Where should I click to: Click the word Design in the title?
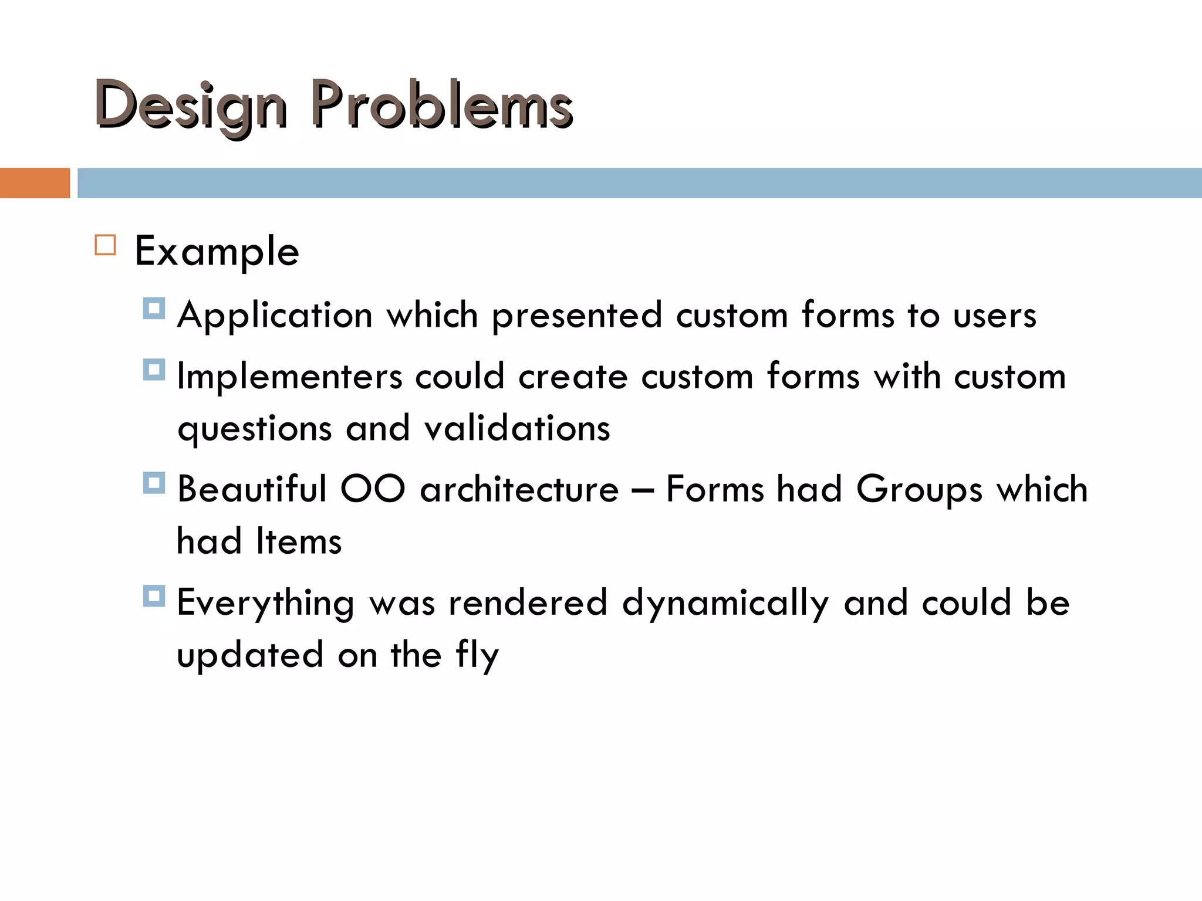tap(191, 106)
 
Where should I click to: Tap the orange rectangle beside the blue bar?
tap(35, 183)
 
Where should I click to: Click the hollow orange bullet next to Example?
tap(105, 245)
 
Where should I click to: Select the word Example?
tap(217, 252)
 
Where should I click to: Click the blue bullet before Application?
tap(154, 308)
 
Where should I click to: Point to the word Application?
tap(275, 316)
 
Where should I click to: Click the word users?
tap(994, 316)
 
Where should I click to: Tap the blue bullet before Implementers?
tap(154, 370)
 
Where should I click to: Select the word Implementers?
tap(289, 377)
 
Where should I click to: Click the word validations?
tap(517, 428)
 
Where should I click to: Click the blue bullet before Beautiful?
tap(154, 483)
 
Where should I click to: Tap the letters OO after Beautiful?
tap(373, 489)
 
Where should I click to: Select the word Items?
tap(299, 541)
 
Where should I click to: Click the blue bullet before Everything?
tap(154, 596)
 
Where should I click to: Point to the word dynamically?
tap(725, 604)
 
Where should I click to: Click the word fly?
tap(477, 656)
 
